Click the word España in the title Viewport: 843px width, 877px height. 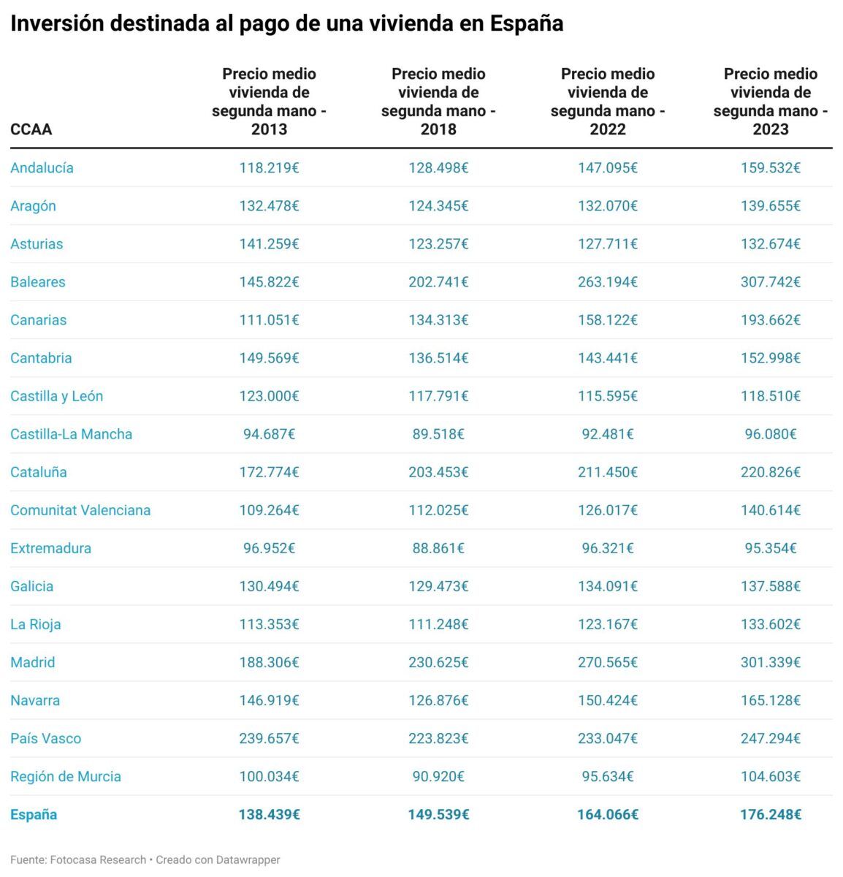coord(526,23)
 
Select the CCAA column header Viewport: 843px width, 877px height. coord(31,129)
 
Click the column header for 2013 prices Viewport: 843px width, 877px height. coord(269,102)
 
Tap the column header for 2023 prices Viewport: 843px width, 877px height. coord(770,102)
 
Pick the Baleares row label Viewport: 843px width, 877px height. coord(38,282)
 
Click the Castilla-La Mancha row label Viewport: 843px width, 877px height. coord(72,434)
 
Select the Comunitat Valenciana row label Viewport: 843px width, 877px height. coord(80,510)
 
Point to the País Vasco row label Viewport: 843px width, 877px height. coord(46,738)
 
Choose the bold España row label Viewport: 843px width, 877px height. coord(34,814)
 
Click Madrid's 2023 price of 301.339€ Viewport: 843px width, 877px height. coord(770,662)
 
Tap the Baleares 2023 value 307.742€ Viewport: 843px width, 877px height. coord(770,282)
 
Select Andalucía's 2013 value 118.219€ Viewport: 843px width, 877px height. coord(269,168)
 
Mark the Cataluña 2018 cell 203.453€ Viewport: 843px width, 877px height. coord(438,472)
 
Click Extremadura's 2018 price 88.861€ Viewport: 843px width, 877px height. coord(438,548)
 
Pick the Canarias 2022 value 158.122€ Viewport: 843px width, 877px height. coord(607,320)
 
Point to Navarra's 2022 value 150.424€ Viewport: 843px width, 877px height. coord(607,700)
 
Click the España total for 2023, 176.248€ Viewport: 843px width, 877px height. coord(770,814)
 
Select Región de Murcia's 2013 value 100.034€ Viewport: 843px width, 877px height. coord(269,776)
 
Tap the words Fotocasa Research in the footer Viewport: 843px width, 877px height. coord(98,859)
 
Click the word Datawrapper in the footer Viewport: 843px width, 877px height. coord(248,859)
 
